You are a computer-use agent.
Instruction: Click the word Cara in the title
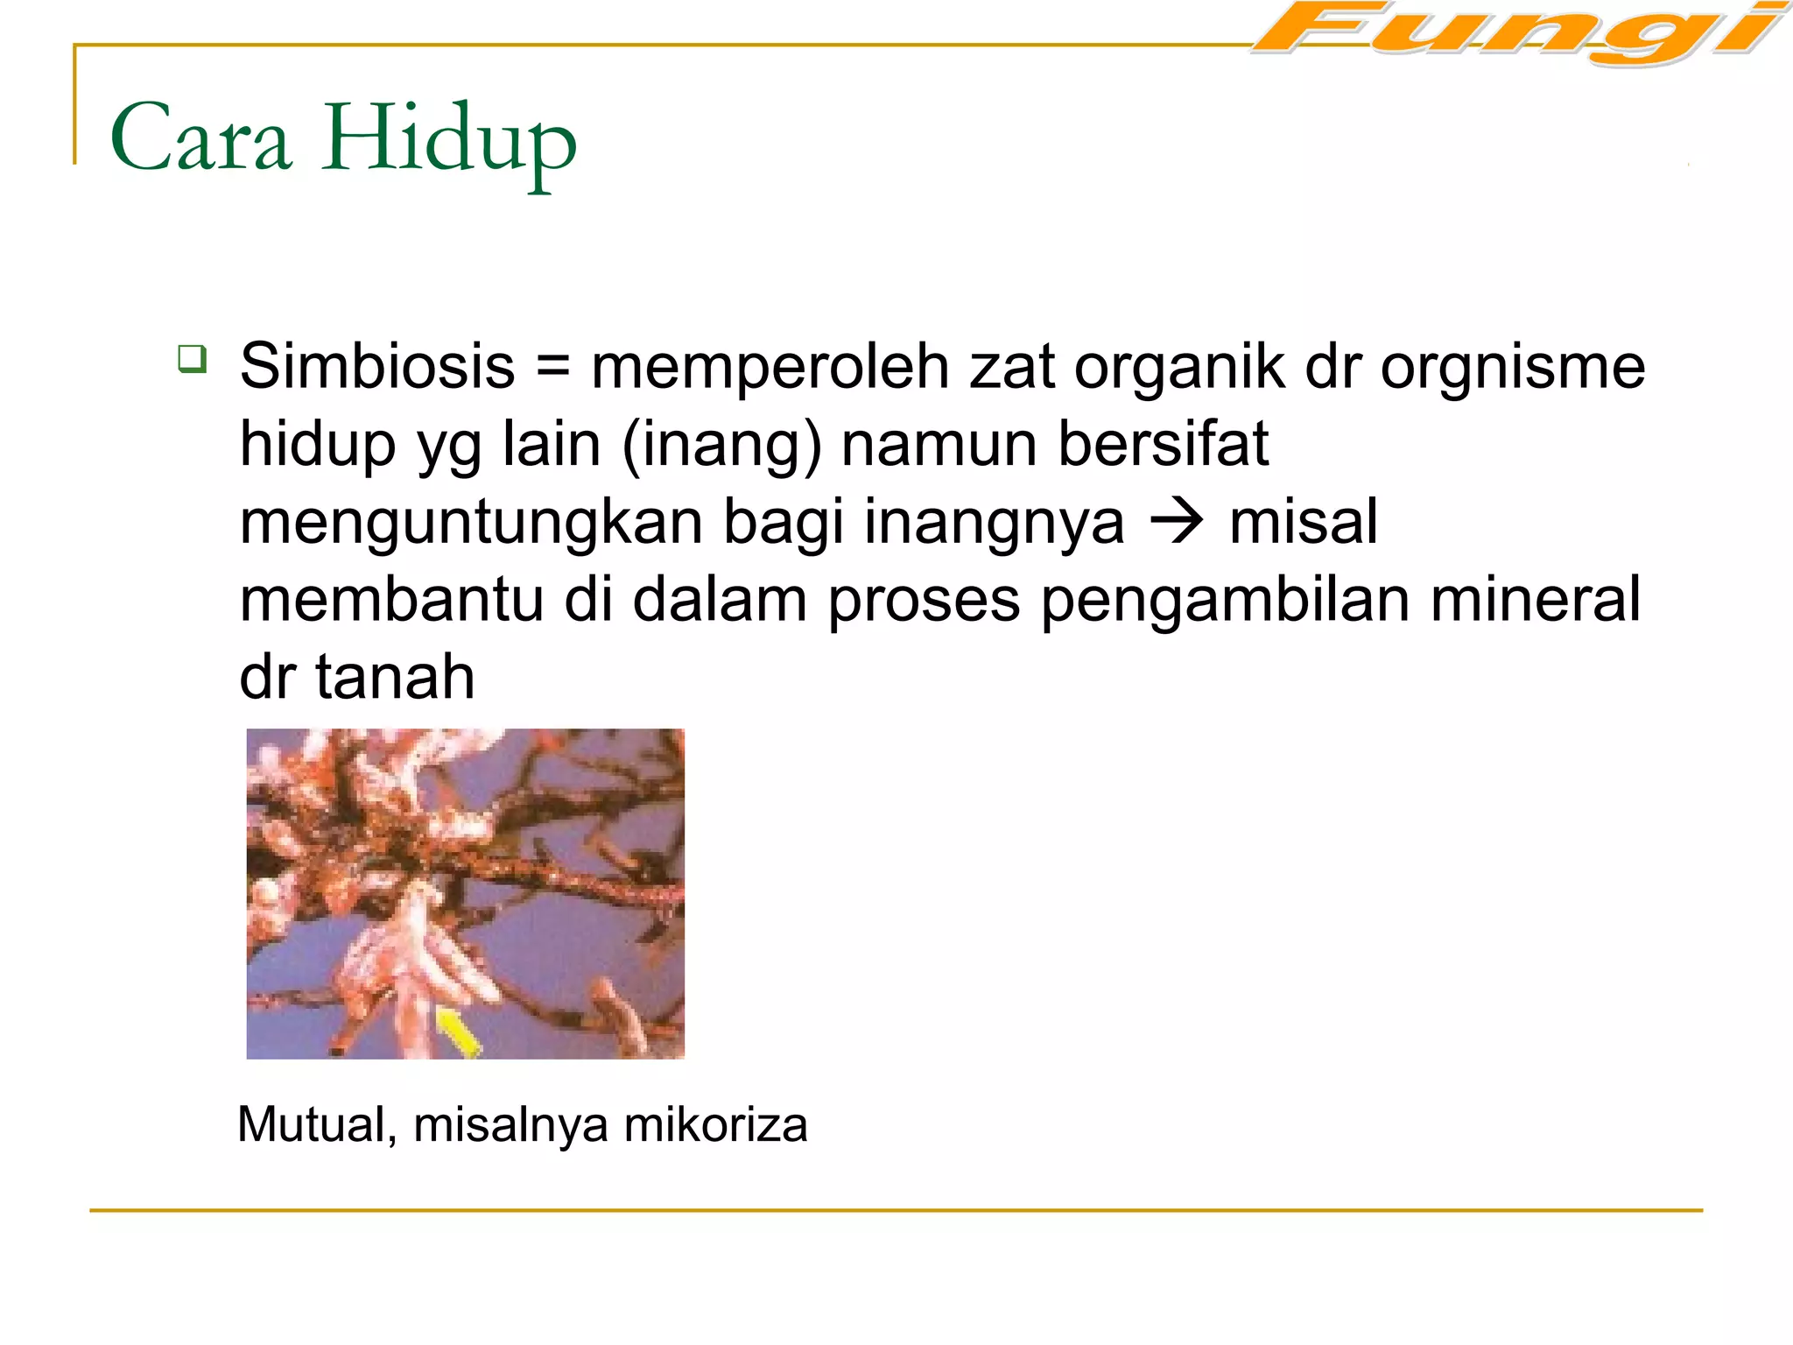point(200,139)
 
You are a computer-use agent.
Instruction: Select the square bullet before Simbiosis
point(192,359)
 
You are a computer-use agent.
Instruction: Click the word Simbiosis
point(377,366)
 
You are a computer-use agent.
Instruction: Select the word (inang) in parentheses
point(721,445)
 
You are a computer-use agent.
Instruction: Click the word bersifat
point(1163,443)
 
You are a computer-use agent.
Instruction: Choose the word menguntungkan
point(472,522)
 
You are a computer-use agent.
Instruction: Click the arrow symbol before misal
point(1177,523)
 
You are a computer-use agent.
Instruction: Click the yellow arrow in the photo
point(459,1032)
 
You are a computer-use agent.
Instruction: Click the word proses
point(924,601)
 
